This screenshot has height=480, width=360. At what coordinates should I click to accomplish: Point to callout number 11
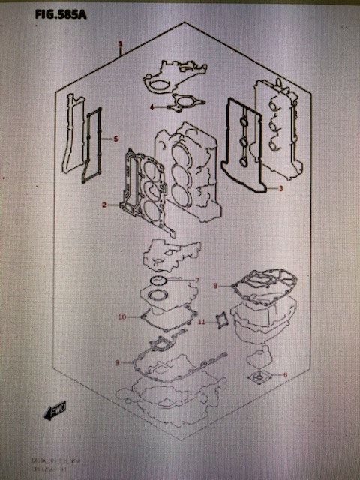(201, 322)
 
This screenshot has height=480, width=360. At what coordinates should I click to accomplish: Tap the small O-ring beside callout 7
(159, 280)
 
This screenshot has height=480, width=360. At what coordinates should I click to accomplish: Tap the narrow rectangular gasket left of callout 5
(94, 142)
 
